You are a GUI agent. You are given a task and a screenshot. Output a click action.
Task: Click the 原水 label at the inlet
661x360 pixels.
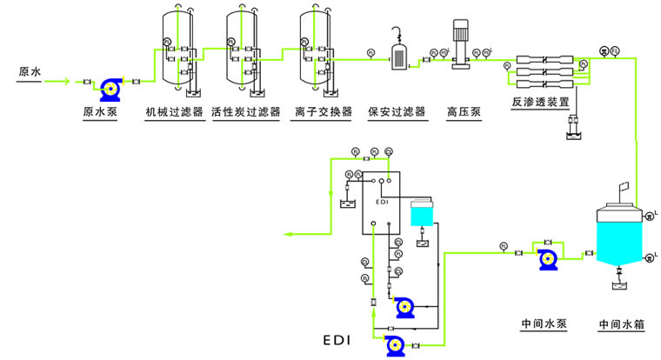tap(30, 72)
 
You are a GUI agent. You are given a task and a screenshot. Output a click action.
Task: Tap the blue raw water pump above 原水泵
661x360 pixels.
tap(110, 85)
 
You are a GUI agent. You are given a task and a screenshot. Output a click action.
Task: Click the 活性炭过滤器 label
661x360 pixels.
tap(246, 112)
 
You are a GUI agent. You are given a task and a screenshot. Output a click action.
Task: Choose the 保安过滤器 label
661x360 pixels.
tap(397, 112)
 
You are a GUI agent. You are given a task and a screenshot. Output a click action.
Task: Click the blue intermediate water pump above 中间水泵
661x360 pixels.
tap(549, 258)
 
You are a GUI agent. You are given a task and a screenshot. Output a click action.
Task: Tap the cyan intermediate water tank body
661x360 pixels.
tap(618, 233)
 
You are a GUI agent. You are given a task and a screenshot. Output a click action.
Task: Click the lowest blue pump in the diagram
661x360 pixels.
tap(394, 345)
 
